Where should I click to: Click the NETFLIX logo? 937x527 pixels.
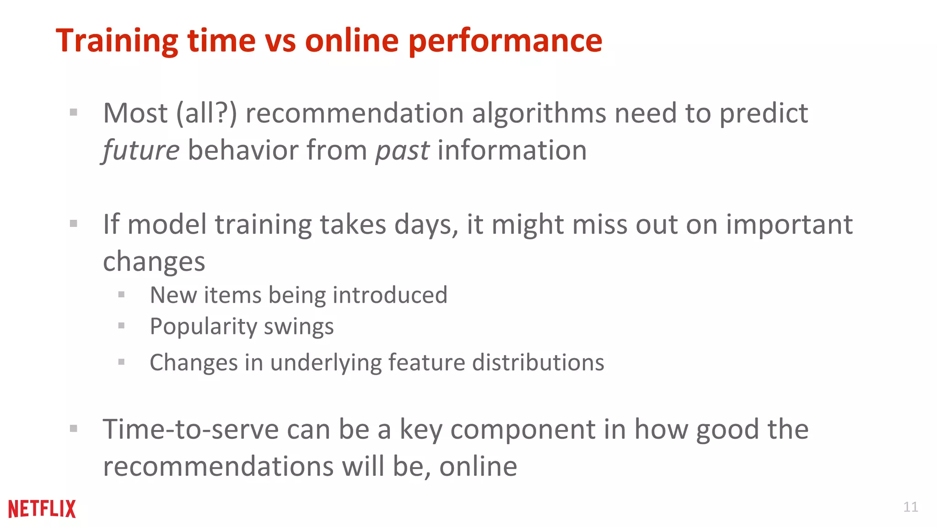point(42,509)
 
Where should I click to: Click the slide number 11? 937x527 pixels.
point(910,507)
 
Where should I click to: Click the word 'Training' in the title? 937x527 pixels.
point(117,41)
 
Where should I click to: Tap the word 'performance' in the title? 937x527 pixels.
point(505,41)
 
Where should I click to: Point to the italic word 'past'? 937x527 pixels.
point(402,151)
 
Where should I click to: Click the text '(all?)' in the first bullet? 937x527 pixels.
point(207,113)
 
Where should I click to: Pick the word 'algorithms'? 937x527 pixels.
point(539,113)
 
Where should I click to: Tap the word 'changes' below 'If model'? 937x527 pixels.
point(154,262)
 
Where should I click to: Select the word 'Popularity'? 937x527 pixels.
point(203,327)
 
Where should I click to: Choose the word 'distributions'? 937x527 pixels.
point(538,362)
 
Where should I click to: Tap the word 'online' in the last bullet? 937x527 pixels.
point(478,467)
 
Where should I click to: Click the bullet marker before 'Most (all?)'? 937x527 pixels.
point(73,112)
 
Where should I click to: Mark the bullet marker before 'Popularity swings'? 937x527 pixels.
point(121,326)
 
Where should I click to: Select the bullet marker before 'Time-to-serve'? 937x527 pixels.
point(73,429)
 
